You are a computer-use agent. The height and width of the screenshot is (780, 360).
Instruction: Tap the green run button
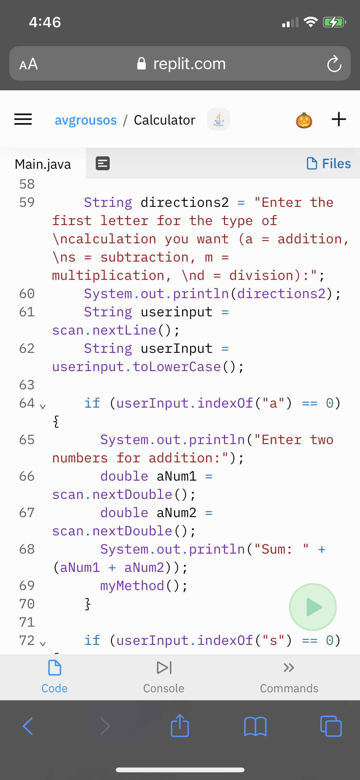point(313,607)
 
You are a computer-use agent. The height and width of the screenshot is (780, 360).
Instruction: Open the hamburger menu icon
point(23,119)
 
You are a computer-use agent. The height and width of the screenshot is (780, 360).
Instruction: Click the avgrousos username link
point(86,120)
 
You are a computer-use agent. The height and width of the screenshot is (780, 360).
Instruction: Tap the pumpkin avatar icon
point(304,120)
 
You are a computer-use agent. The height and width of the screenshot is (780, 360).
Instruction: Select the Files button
point(329,164)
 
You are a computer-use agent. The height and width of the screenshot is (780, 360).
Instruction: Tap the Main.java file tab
point(43,164)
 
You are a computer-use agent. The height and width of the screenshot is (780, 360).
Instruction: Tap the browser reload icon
point(334,64)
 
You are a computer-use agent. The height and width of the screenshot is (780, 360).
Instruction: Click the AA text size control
point(28,64)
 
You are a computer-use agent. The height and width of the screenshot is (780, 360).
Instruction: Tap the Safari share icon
point(180,726)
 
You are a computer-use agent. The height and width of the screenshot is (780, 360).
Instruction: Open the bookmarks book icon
point(255,726)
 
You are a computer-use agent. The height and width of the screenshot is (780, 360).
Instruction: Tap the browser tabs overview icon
point(331,726)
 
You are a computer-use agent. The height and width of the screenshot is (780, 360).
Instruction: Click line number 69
point(27,586)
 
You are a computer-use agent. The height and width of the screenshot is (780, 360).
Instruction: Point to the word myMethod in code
point(132,586)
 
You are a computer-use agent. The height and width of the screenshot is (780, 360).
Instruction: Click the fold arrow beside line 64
point(43,406)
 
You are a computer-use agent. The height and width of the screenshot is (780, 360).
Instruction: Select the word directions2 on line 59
point(185,202)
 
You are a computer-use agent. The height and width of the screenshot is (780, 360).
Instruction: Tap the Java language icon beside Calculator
point(219,119)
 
